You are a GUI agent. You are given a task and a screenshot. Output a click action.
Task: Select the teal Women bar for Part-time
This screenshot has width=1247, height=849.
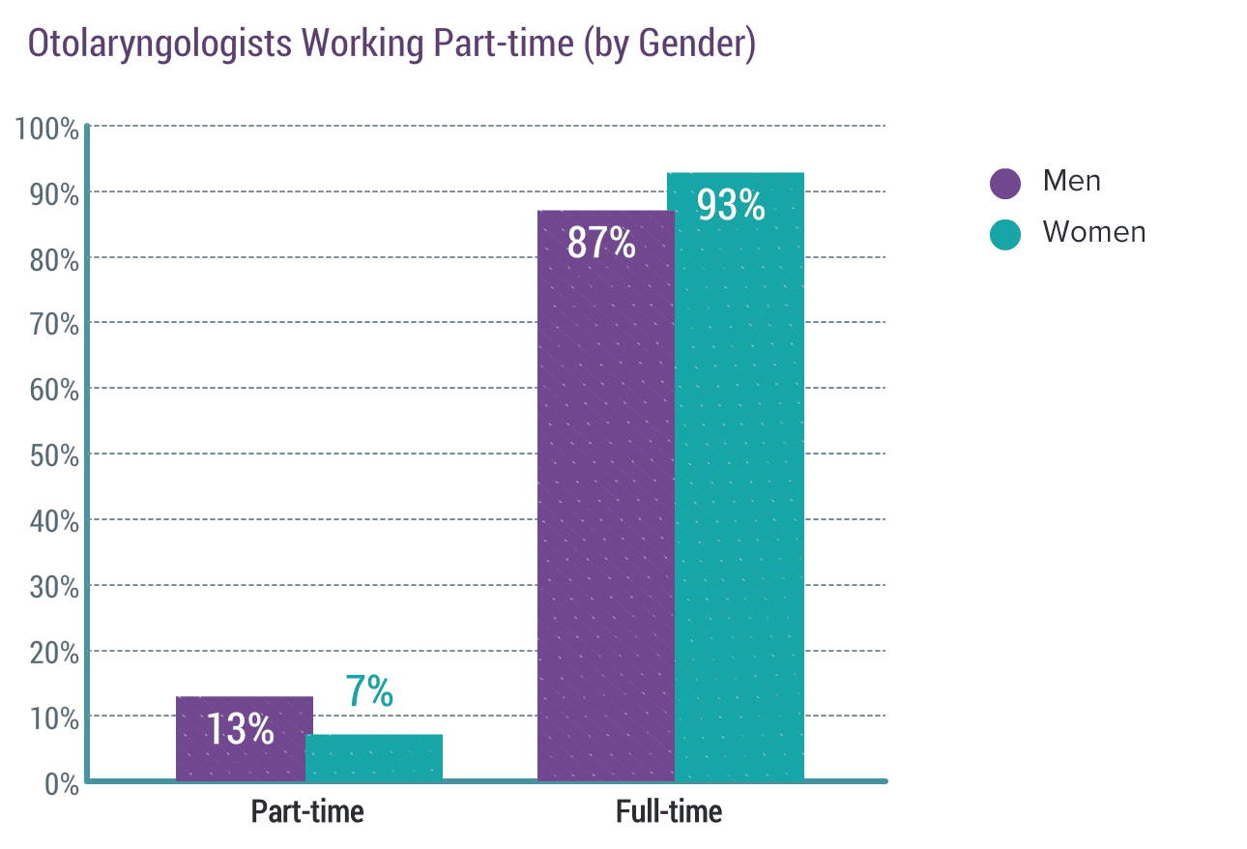[374, 757]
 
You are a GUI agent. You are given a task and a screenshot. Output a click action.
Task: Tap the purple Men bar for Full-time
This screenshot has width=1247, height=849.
[606, 495]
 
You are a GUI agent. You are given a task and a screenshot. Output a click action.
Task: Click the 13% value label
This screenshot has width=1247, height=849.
[241, 729]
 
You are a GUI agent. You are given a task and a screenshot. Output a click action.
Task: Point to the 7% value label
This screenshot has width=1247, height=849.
[369, 690]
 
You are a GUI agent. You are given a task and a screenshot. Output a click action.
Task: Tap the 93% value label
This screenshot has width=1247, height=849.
[731, 205]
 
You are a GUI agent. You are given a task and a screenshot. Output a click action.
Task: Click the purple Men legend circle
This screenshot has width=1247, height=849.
[1004, 183]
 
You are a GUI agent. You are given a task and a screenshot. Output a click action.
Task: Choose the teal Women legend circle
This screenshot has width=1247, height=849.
[1004, 234]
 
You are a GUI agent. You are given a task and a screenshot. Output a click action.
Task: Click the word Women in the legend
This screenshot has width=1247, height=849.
[1094, 232]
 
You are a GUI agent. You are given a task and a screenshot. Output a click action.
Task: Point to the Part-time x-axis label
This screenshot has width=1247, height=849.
[307, 811]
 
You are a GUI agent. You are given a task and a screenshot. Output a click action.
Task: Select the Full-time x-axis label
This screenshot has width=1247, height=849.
[669, 811]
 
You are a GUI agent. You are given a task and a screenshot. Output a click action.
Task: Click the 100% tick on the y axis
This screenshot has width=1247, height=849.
[46, 129]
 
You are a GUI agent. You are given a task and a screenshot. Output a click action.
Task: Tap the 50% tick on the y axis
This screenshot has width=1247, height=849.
[54, 455]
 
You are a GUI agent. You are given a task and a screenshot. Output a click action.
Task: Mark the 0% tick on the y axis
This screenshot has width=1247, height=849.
[62, 784]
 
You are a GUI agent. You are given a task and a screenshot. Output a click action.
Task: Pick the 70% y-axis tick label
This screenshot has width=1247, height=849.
[54, 324]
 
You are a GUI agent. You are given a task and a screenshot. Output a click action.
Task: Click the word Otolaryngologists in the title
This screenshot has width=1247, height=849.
[159, 44]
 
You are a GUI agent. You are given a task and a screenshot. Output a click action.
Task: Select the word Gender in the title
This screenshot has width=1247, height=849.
[690, 43]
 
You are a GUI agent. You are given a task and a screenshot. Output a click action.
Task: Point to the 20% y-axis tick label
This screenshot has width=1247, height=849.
[54, 653]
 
